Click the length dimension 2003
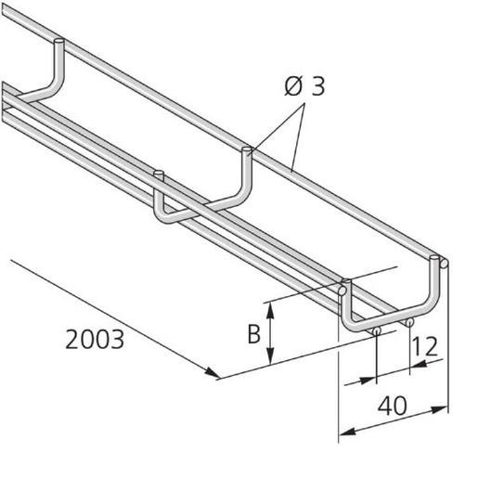click(95, 340)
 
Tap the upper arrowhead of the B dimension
click(269, 306)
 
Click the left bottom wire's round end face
click(377, 329)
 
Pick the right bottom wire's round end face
click(408, 322)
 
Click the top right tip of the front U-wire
click(445, 264)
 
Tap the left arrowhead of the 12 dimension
click(373, 378)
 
